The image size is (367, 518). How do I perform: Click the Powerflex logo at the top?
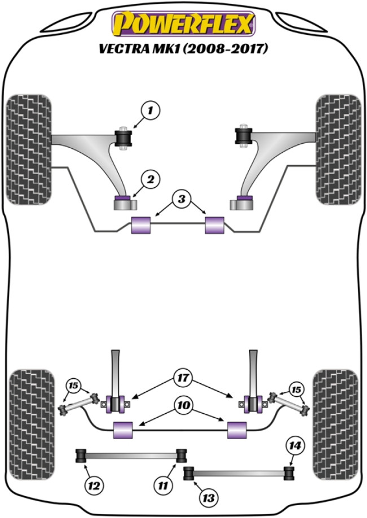tap(183, 24)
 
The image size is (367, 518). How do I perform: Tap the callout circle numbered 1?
tap(150, 111)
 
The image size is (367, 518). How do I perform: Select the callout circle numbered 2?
tap(150, 180)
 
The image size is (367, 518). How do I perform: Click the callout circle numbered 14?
tap(295, 446)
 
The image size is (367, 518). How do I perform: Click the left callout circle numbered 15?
tap(73, 386)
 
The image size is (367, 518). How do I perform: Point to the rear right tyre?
tap(336, 413)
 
